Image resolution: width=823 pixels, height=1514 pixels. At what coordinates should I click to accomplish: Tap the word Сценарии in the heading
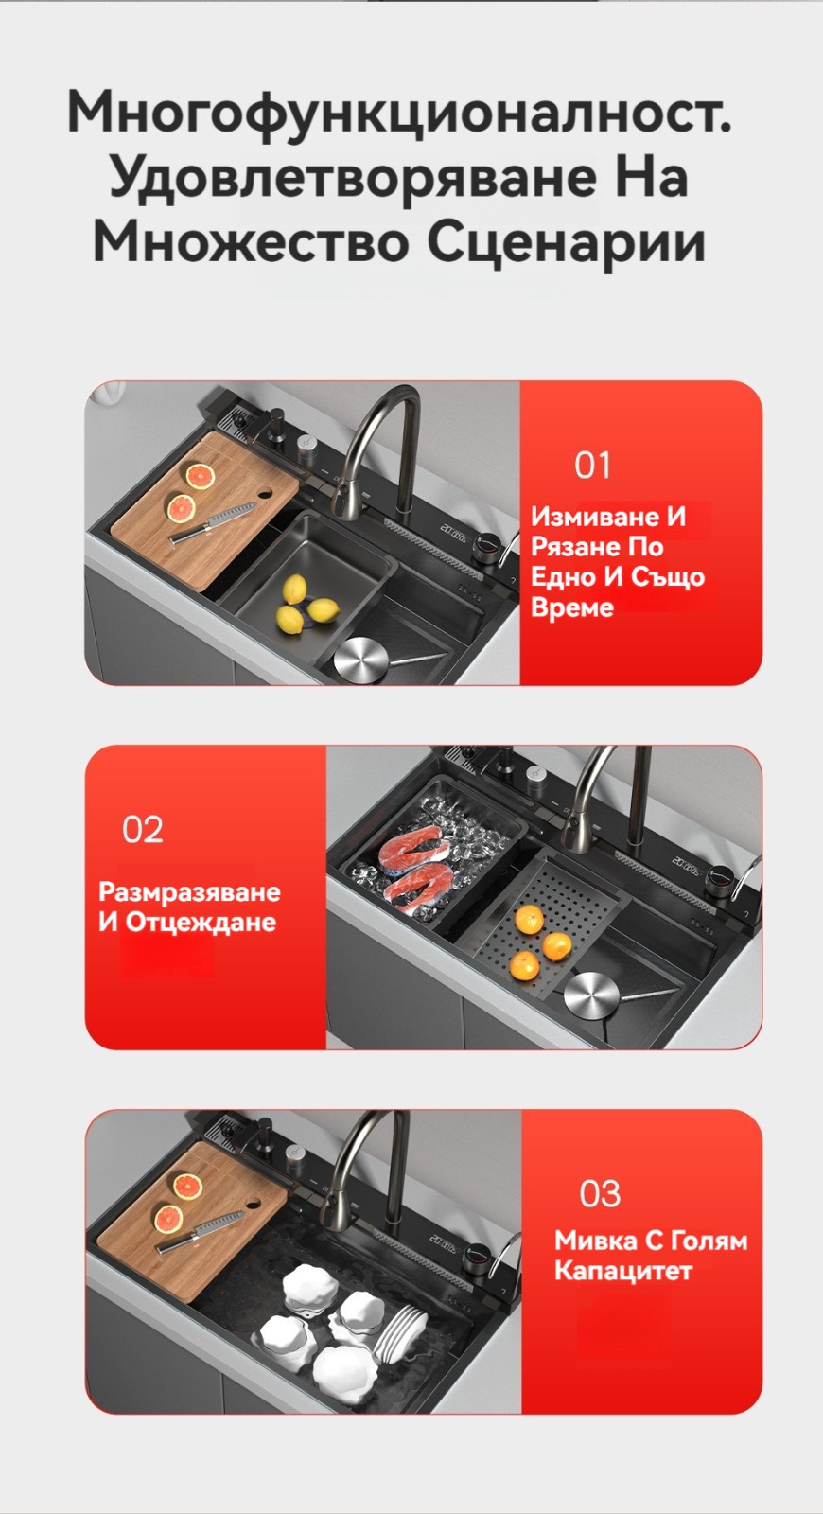567,242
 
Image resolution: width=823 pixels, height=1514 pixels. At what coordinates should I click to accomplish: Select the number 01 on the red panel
592,465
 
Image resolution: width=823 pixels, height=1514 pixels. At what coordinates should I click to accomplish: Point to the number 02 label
143,830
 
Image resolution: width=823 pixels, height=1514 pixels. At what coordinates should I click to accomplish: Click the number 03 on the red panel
600,1193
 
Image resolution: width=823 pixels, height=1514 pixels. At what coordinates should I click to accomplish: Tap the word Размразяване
189,892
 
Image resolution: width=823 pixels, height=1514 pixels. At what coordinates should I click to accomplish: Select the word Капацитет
623,1271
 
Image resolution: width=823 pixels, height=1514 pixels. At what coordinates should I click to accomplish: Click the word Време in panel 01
571,607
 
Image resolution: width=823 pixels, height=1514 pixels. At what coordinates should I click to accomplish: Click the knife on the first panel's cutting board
212,522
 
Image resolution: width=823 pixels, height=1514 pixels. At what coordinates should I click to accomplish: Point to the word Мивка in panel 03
593,1241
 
